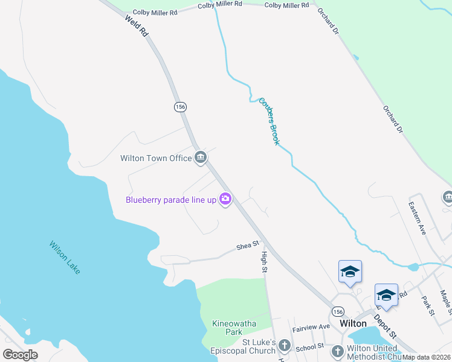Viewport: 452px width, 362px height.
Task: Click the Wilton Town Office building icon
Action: click(x=201, y=158)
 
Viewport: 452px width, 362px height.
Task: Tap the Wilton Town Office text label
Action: click(x=156, y=158)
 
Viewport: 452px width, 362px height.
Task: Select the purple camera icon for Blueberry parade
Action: click(x=225, y=199)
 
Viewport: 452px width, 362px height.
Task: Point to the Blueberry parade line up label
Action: click(x=171, y=200)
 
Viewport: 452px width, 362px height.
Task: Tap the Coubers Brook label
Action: click(x=270, y=121)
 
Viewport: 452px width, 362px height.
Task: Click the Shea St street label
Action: click(x=248, y=245)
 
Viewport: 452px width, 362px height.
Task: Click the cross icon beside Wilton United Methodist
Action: click(x=337, y=351)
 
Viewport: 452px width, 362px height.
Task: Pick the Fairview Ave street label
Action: click(x=311, y=327)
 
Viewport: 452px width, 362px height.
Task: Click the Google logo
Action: click(x=20, y=354)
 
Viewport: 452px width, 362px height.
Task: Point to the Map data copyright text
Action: click(x=427, y=357)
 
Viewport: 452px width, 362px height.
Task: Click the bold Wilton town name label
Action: click(x=353, y=323)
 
